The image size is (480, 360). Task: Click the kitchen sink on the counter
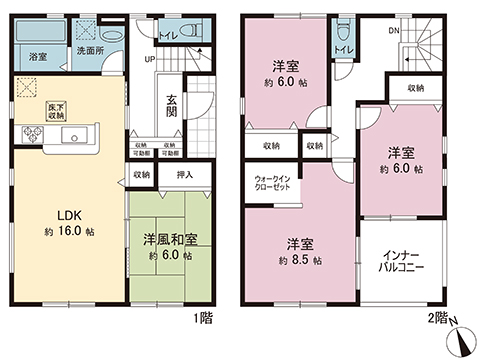[x=70, y=136]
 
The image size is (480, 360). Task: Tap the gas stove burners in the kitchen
[x=25, y=136]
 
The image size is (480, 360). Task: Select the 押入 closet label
[x=184, y=174]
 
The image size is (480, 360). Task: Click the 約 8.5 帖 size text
[x=301, y=260]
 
